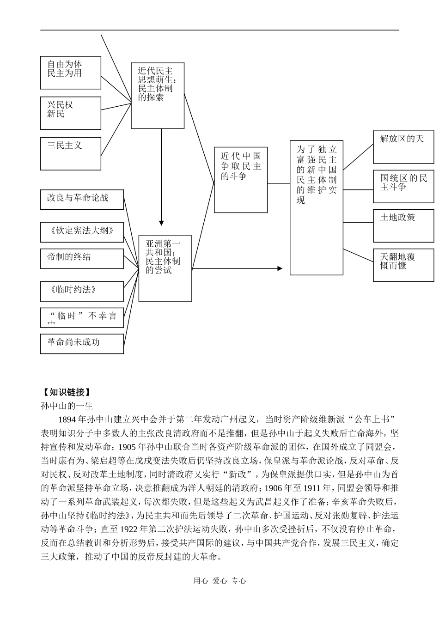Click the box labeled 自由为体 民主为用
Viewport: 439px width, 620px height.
(x=70, y=73)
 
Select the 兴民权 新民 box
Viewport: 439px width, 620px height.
(x=70, y=113)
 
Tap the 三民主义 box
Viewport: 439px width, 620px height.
(x=70, y=153)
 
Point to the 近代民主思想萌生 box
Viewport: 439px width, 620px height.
(x=158, y=95)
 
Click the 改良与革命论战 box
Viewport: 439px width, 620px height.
(x=82, y=199)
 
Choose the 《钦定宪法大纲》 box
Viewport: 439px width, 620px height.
(x=82, y=231)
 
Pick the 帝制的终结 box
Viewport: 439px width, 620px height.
(x=82, y=258)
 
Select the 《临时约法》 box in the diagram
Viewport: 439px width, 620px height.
(x=82, y=291)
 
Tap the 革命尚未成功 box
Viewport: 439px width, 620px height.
(x=82, y=343)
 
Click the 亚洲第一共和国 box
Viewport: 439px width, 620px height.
(x=165, y=268)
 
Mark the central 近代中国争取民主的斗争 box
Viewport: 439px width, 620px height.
(x=241, y=180)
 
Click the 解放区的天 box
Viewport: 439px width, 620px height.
(x=403, y=147)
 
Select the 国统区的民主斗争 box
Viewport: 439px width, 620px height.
(x=403, y=186)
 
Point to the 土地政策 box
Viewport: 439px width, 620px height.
(x=403, y=225)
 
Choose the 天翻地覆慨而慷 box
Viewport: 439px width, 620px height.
(x=403, y=265)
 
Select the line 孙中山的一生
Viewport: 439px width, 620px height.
(x=67, y=406)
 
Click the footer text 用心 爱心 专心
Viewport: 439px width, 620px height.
(x=219, y=581)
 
